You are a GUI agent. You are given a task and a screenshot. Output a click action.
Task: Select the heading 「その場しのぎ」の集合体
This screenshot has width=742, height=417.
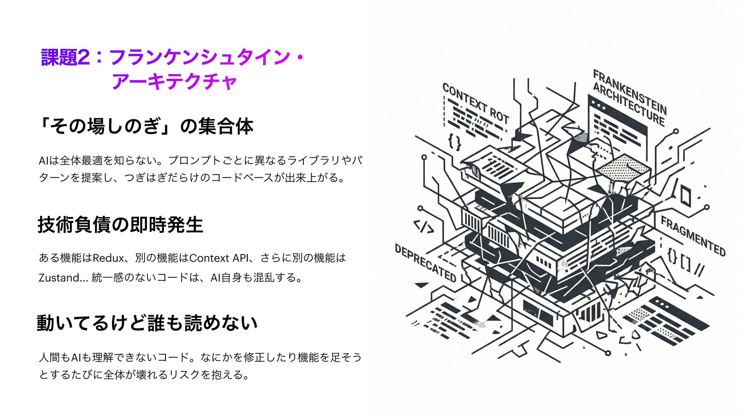click(x=146, y=126)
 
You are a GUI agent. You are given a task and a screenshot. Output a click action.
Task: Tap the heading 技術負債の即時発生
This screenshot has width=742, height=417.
click(x=120, y=225)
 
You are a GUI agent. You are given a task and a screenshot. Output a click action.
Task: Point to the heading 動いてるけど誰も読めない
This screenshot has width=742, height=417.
click(x=147, y=323)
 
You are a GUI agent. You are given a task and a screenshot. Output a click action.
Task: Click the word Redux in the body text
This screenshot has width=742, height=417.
click(x=108, y=258)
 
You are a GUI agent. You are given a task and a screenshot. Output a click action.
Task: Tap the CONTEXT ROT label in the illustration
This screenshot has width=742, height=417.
click(x=475, y=103)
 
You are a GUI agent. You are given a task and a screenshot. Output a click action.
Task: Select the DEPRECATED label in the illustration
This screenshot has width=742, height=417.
click(x=425, y=263)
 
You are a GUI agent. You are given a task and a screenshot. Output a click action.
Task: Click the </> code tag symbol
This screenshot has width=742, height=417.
click(x=424, y=227)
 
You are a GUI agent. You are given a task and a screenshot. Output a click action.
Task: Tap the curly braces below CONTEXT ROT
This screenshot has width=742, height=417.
click(x=454, y=142)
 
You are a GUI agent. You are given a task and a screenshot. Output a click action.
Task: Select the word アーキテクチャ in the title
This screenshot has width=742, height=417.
click(x=174, y=82)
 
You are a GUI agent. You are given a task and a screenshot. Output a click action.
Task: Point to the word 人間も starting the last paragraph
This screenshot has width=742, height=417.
click(x=54, y=357)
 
